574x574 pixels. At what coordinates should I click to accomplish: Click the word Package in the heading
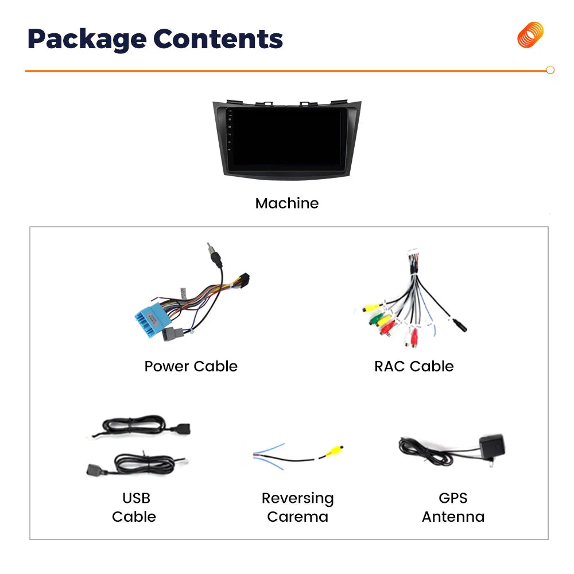click(87, 40)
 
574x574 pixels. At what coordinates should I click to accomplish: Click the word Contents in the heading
click(218, 38)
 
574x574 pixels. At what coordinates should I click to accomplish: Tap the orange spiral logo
click(530, 35)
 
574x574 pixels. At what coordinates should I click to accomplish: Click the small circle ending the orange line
click(550, 70)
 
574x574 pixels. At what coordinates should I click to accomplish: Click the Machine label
click(287, 203)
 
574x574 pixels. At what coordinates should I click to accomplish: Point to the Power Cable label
click(191, 366)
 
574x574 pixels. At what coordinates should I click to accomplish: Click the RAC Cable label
click(414, 366)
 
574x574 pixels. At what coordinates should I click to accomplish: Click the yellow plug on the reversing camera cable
click(333, 451)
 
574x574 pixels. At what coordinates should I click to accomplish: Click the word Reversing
click(297, 499)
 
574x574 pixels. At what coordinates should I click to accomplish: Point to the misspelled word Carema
click(297, 517)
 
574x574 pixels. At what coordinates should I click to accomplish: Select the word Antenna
click(453, 517)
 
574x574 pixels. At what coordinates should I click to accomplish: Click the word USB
click(136, 498)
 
